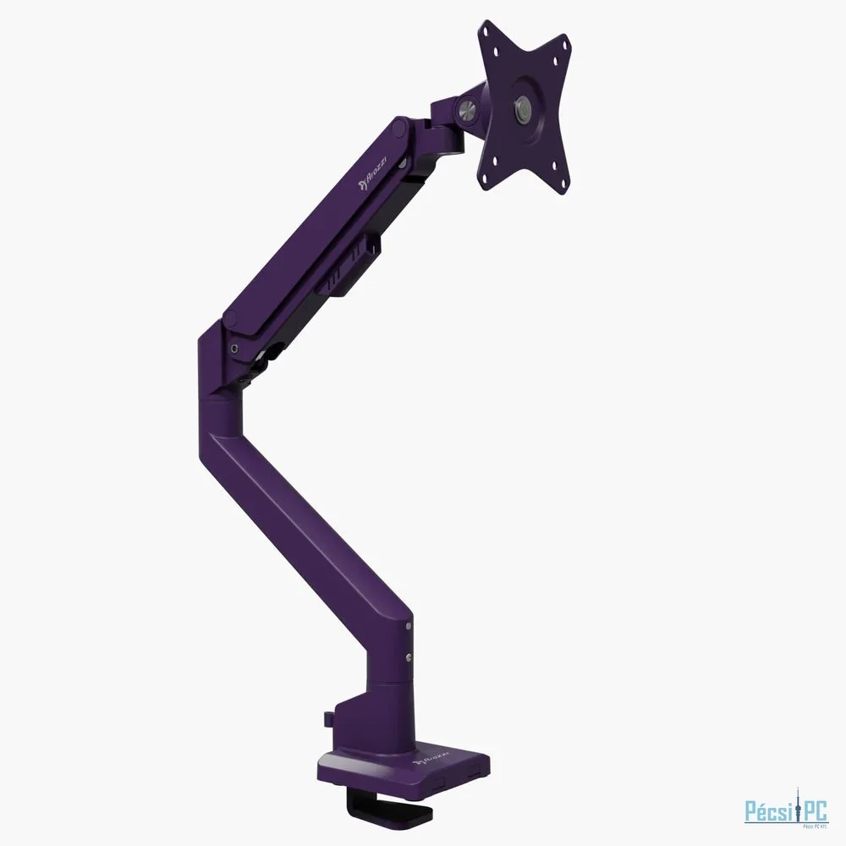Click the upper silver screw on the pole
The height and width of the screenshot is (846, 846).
coord(409,627)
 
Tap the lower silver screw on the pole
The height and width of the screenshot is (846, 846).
coord(409,657)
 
